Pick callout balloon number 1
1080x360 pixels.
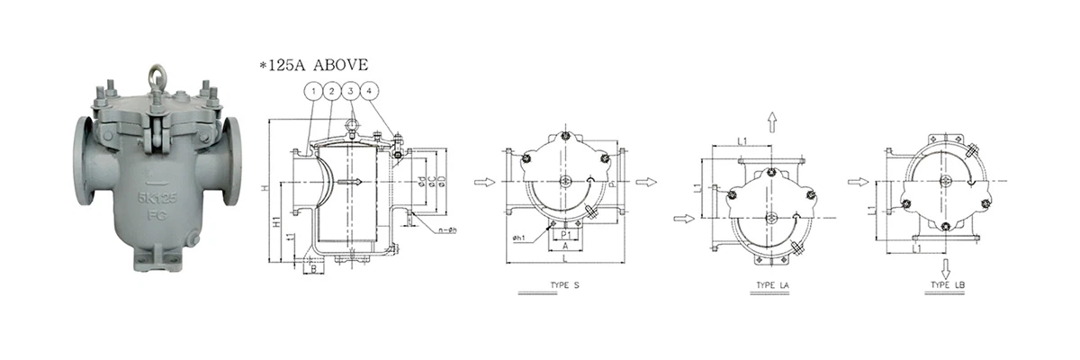tap(312, 91)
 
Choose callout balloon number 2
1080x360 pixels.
tap(331, 91)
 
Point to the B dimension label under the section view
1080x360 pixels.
tap(311, 269)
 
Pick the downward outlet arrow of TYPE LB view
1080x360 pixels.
tap(946, 266)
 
